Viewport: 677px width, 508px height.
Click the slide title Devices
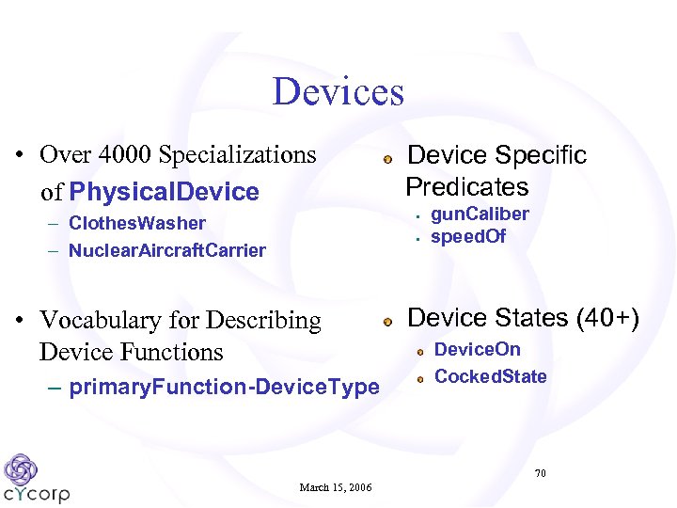click(x=338, y=92)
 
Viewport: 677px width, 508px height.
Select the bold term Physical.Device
click(x=164, y=193)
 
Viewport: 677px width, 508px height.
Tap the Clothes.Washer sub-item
click(x=137, y=223)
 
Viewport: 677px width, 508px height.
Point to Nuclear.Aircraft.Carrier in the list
click(x=167, y=250)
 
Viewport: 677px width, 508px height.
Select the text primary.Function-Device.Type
click(x=225, y=387)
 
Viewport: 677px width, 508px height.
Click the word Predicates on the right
click(x=466, y=186)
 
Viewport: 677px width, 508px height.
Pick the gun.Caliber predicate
click(x=480, y=214)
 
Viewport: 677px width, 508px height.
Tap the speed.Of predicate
click(x=468, y=236)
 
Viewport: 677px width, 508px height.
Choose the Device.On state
click(x=478, y=350)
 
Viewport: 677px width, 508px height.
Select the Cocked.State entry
click(x=491, y=377)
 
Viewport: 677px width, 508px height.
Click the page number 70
click(x=540, y=473)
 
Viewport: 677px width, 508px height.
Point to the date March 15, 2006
click(x=336, y=487)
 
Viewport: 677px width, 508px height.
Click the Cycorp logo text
click(x=37, y=493)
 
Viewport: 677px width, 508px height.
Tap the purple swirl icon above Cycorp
click(x=21, y=468)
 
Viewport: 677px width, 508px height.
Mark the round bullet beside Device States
click(x=387, y=322)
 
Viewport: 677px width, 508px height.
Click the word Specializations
click(x=238, y=154)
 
